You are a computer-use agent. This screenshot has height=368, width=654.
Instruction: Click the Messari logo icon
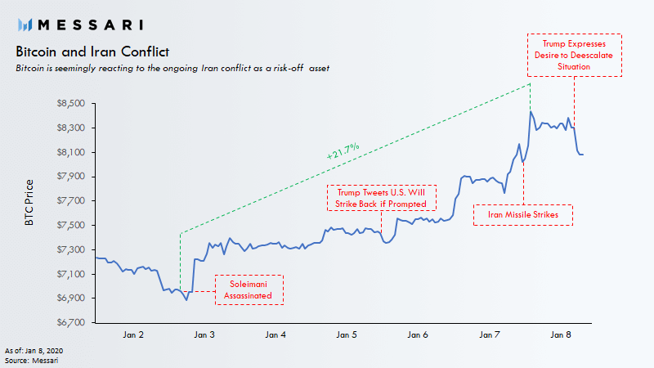coord(25,24)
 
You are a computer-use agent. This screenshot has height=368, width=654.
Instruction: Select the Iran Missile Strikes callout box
coord(523,214)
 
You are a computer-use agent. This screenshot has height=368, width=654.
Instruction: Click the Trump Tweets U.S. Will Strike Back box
coord(382,196)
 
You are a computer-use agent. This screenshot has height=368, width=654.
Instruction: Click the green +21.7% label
coord(342,151)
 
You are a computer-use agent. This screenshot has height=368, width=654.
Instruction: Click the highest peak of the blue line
coord(531,111)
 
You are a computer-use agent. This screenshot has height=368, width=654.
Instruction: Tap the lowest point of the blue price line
coord(186,300)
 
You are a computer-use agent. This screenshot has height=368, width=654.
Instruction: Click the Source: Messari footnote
coord(28,360)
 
